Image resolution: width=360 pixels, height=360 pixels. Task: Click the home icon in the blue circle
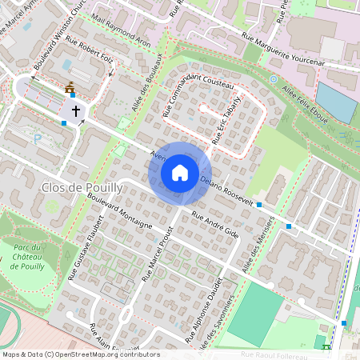[180, 172]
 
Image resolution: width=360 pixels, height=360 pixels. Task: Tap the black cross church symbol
[76, 111]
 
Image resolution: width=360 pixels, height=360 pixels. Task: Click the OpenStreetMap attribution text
[80, 354]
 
